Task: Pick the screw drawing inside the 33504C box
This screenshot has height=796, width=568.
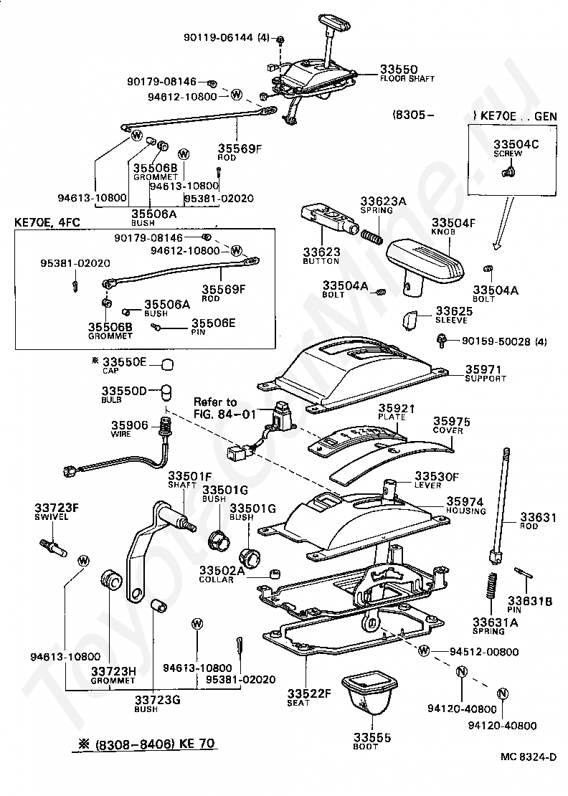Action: [510, 170]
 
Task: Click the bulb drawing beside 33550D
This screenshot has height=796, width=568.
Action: [166, 392]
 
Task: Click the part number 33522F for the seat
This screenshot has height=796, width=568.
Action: [308, 693]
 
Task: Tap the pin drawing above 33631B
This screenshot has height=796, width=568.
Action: [521, 574]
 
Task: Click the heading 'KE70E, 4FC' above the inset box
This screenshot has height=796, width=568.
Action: [45, 222]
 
